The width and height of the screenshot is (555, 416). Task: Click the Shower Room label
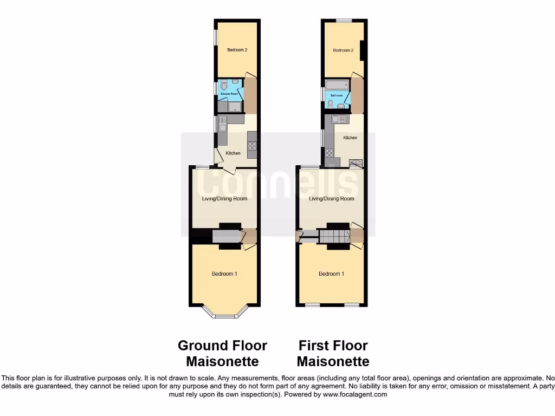[229, 94]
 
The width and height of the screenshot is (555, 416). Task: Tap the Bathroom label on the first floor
[337, 95]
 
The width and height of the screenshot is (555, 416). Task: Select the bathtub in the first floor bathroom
[337, 84]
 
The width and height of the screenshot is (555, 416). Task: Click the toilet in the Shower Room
[224, 85]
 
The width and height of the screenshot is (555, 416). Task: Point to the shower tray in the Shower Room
[235, 106]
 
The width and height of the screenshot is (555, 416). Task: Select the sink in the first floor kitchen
[339, 119]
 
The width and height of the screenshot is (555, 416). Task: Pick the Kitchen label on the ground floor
[233, 153]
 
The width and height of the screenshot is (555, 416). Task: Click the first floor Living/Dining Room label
[332, 199]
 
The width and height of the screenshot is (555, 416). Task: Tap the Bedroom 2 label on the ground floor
[237, 50]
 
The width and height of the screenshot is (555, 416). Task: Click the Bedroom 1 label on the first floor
[331, 274]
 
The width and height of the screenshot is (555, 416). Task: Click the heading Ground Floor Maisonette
[222, 353]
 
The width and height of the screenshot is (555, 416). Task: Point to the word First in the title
[313, 346]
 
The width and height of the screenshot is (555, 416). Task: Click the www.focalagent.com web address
[355, 395]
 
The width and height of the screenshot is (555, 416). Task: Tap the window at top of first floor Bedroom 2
[343, 21]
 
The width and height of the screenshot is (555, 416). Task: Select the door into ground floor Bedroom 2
[250, 75]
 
